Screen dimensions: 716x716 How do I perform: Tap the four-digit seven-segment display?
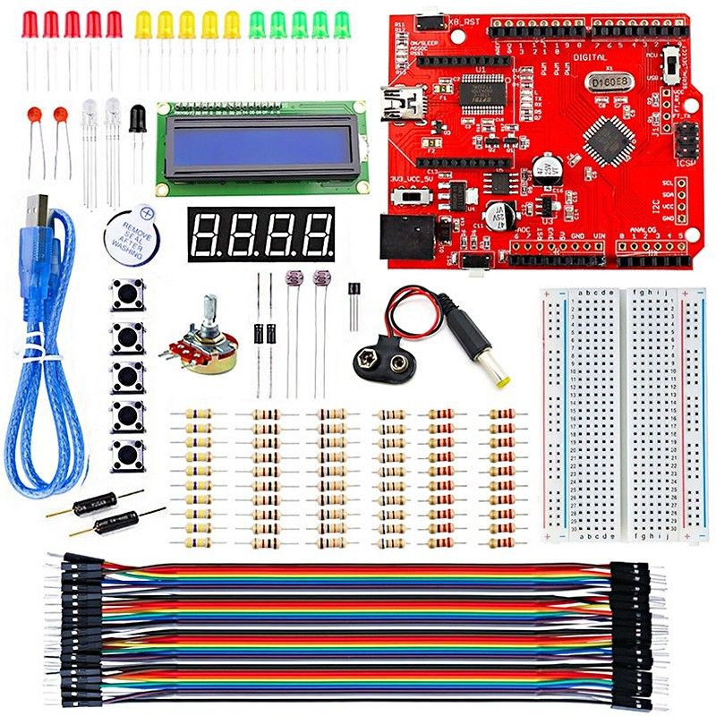[260, 234]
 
